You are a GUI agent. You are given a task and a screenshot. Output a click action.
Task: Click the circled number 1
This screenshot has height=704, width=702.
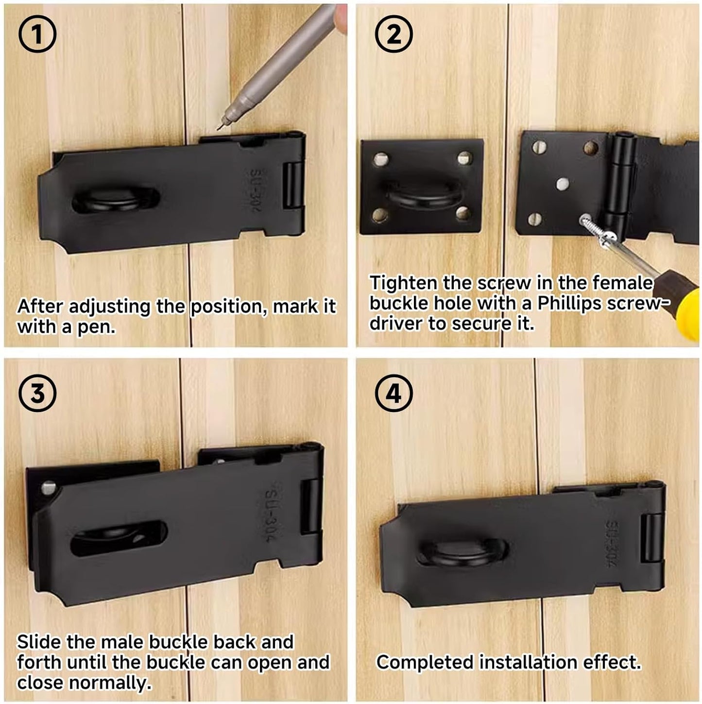point(37,35)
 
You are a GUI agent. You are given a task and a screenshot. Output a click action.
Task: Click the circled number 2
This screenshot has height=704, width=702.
point(394,35)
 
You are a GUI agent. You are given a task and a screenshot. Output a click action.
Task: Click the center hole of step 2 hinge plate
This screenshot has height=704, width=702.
point(562,184)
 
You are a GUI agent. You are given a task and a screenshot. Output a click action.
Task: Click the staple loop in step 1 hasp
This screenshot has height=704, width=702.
point(116,200)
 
